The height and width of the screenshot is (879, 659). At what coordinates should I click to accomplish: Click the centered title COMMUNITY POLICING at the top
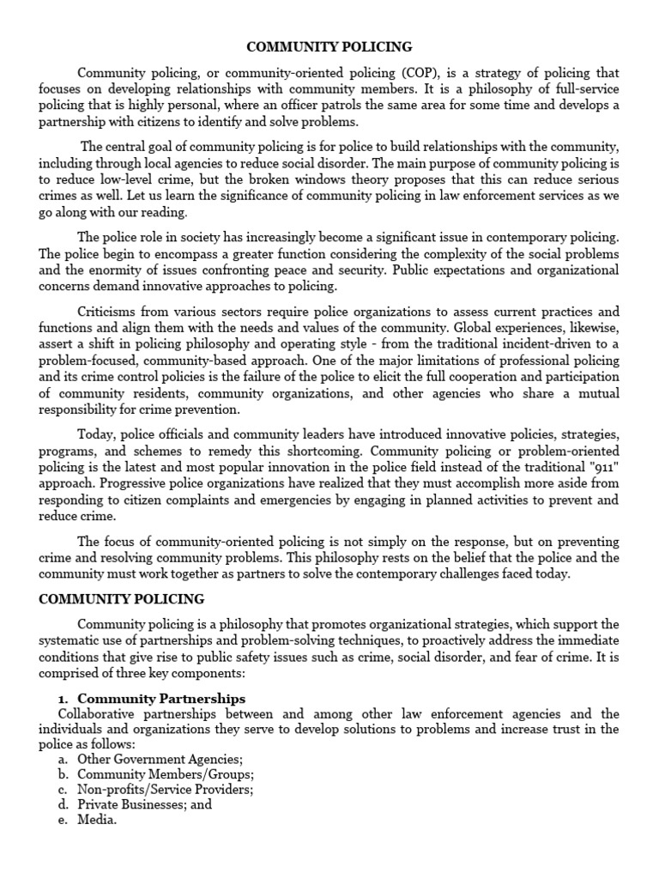330,46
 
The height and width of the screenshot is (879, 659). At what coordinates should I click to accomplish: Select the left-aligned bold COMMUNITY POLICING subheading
122,598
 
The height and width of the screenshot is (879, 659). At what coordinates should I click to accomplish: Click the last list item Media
96,821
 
